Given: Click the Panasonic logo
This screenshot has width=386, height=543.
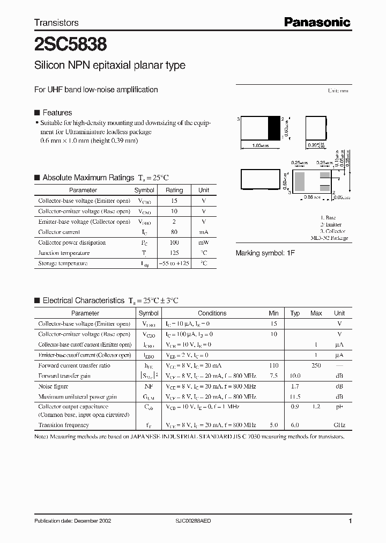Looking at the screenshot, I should (x=317, y=22).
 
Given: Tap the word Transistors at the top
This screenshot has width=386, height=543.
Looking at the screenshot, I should (x=56, y=23).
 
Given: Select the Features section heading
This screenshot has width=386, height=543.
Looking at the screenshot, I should (x=57, y=113).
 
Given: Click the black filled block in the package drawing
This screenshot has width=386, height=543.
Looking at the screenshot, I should (x=274, y=129).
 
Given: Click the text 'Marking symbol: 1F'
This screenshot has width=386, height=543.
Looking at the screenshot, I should (x=265, y=253).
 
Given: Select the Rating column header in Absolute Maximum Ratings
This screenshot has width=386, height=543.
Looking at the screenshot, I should (x=174, y=190).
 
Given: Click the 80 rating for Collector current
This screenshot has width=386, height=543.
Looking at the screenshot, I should (x=174, y=232).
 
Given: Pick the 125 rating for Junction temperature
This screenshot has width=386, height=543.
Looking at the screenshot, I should (x=174, y=253).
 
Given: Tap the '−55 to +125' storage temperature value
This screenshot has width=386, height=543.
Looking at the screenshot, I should (x=174, y=263).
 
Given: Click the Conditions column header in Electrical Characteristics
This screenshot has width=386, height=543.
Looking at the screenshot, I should (x=212, y=313).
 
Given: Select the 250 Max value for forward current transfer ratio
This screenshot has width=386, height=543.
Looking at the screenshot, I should (x=316, y=365).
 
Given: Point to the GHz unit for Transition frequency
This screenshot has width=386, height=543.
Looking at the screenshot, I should (x=339, y=425).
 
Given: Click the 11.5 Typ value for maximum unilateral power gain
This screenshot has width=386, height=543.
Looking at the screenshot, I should (x=295, y=397).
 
